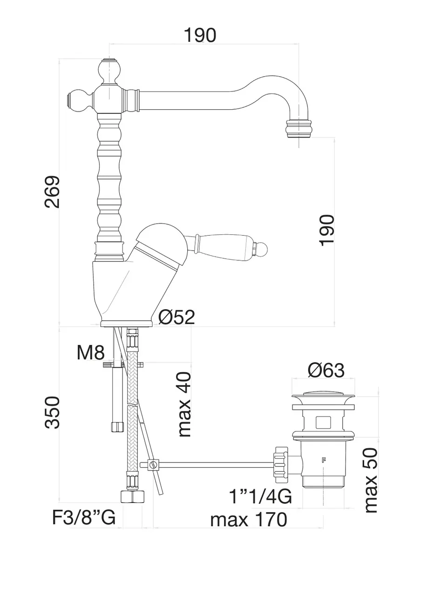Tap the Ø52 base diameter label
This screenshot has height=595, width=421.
click(177, 317)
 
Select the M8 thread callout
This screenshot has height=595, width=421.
click(90, 353)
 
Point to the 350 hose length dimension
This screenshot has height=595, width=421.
click(52, 412)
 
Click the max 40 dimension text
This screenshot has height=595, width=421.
click(184, 404)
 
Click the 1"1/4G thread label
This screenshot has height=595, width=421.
click(260, 496)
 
